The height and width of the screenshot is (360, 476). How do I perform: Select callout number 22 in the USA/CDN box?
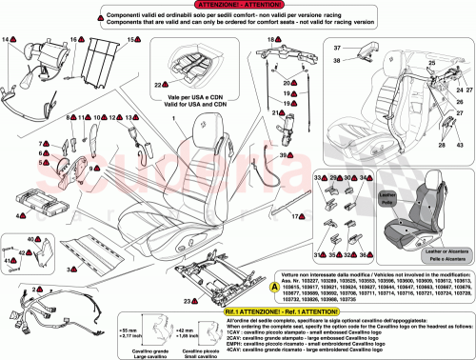click(x=159, y=84)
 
